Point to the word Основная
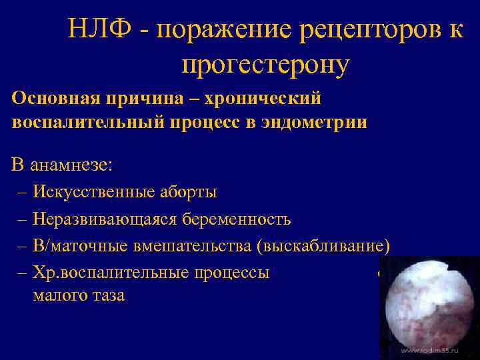pyautogui.click(x=55, y=99)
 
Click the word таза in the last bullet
pyautogui.click(x=107, y=295)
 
